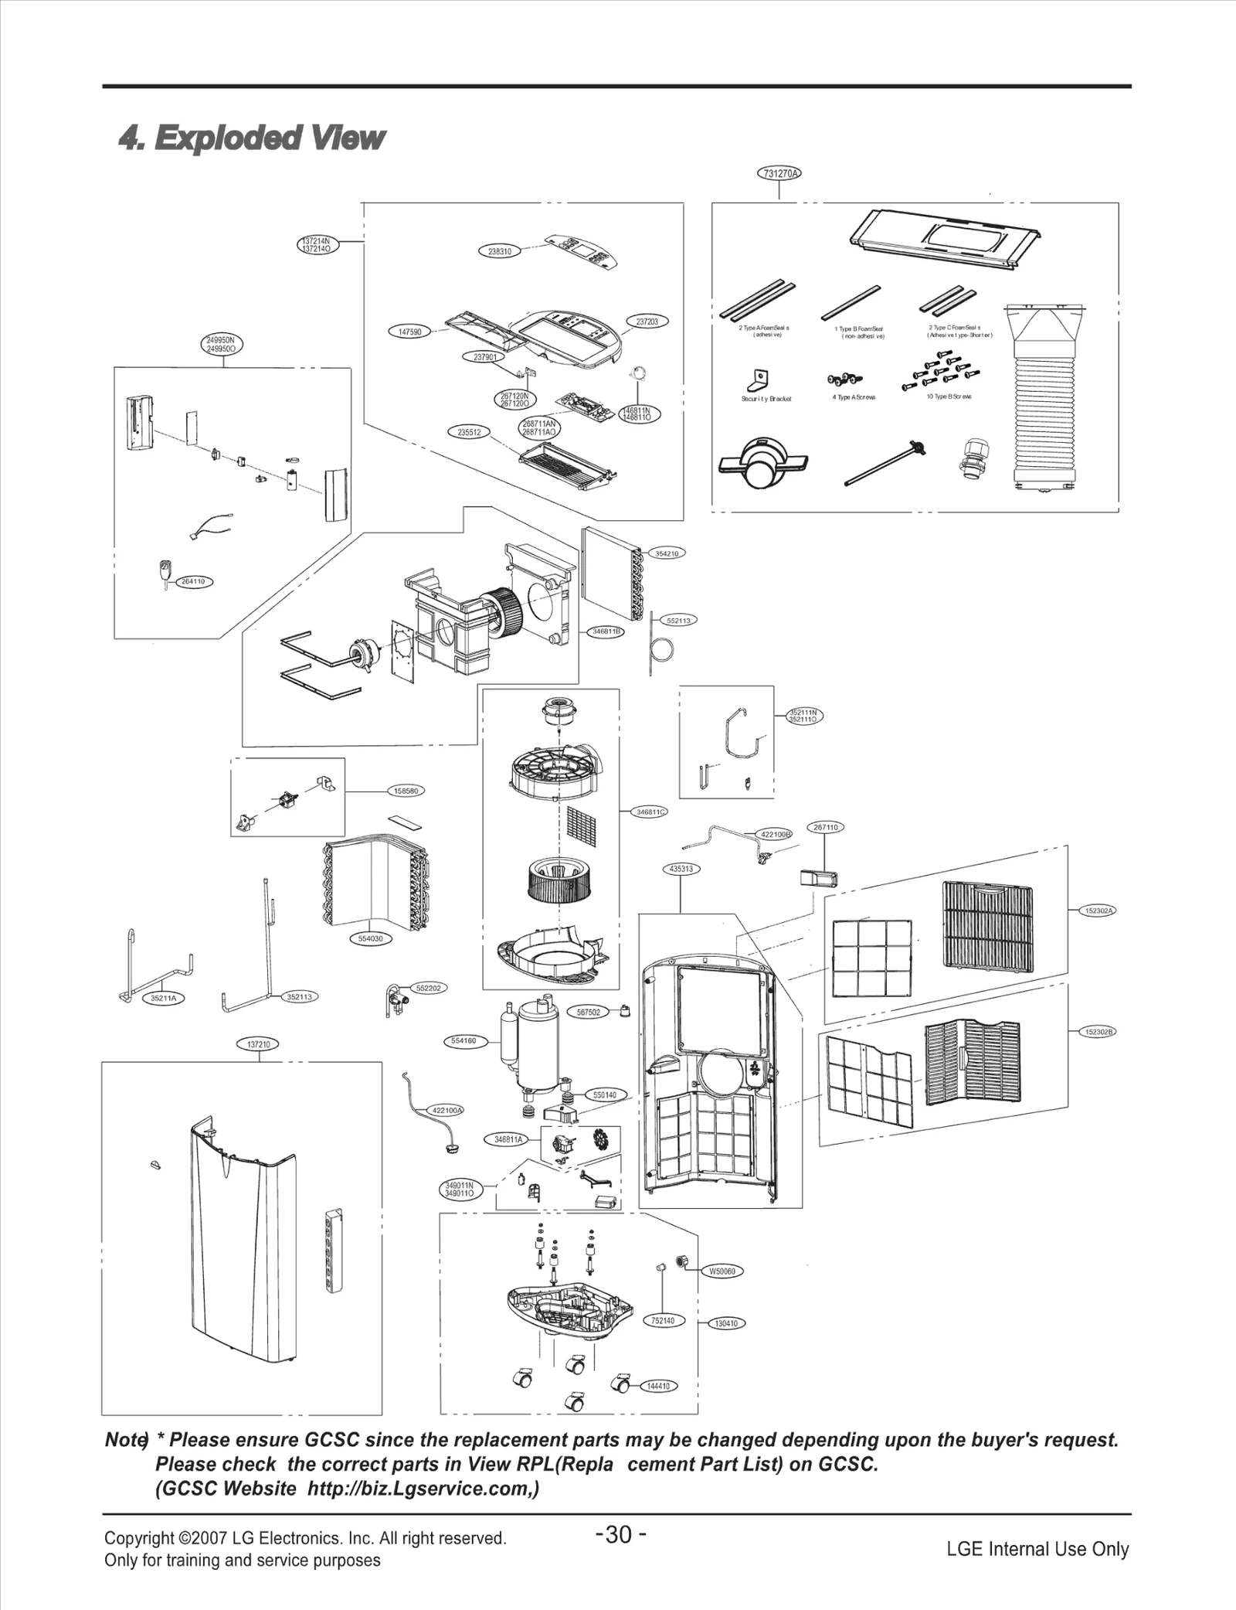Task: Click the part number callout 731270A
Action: pyautogui.click(x=778, y=173)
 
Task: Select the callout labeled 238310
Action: pyautogui.click(x=500, y=251)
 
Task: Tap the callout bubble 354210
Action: pyautogui.click(x=666, y=553)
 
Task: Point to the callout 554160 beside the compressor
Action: pyautogui.click(x=463, y=1040)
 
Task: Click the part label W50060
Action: pyautogui.click(x=722, y=1271)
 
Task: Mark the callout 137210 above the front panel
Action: pyautogui.click(x=258, y=1044)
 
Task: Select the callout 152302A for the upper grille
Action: pyautogui.click(x=1098, y=911)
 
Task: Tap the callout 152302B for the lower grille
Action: pyautogui.click(x=1098, y=1032)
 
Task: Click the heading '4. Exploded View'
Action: pyautogui.click(x=251, y=138)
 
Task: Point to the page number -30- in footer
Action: pyautogui.click(x=620, y=1534)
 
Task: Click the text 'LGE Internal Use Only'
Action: pyautogui.click(x=1037, y=1549)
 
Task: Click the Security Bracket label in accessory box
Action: pyautogui.click(x=766, y=399)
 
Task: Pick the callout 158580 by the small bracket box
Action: pyautogui.click(x=406, y=791)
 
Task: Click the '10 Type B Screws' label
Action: pyautogui.click(x=949, y=397)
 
